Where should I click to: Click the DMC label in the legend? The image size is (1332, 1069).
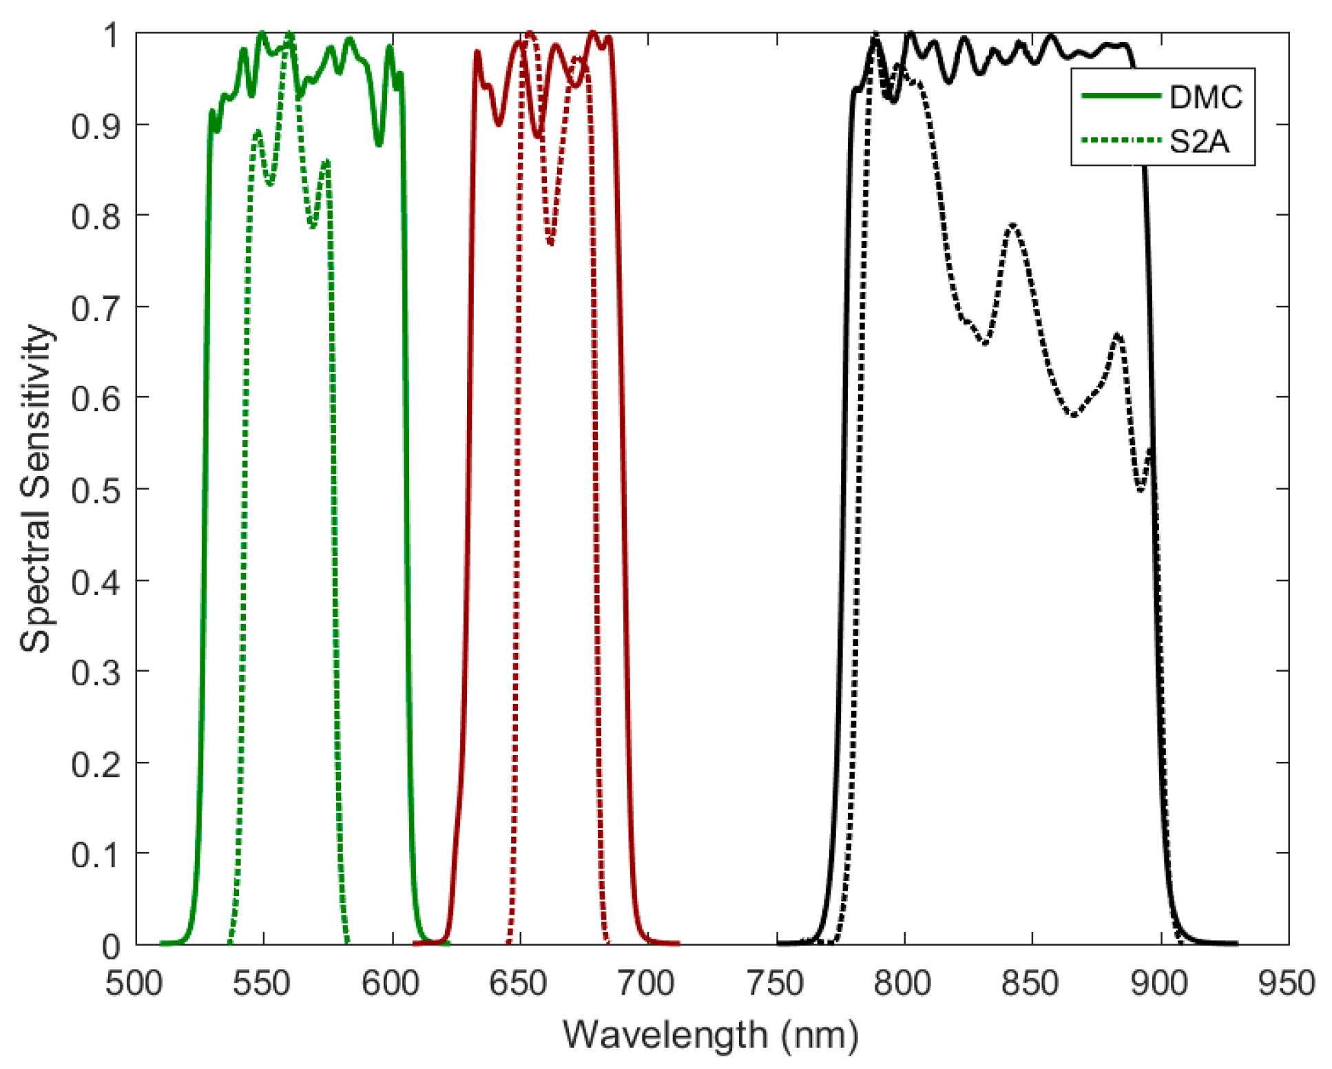tap(1205, 97)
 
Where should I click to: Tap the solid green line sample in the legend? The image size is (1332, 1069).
tap(1121, 96)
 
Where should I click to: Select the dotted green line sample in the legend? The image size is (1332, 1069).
tap(1121, 141)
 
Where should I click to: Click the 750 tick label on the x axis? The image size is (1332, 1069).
tap(776, 983)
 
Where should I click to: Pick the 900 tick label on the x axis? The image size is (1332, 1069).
tap(1161, 983)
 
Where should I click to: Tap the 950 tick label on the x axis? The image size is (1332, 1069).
tap(1287, 983)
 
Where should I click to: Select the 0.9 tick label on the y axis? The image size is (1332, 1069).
tap(96, 127)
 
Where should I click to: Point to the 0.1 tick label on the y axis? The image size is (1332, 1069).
tap(96, 855)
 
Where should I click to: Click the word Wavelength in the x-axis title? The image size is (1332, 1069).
tap(665, 1035)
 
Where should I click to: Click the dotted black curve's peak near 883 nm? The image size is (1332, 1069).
tap(1117, 335)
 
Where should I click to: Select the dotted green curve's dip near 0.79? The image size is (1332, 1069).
tap(313, 226)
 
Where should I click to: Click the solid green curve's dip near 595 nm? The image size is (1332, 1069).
tap(379, 144)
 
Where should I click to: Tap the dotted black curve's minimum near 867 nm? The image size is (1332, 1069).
tap(1073, 415)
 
